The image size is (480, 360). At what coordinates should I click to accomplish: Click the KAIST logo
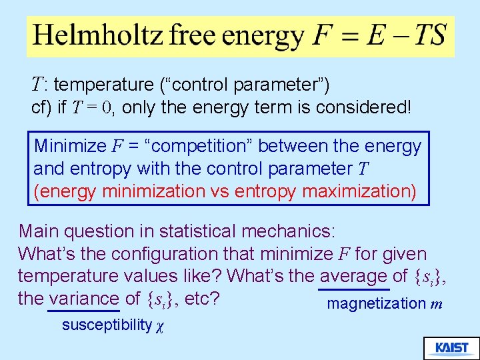click(451, 348)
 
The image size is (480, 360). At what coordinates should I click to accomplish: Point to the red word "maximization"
click(359, 192)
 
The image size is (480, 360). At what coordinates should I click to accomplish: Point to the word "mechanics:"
click(289, 232)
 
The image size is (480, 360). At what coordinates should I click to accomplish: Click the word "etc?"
click(203, 298)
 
